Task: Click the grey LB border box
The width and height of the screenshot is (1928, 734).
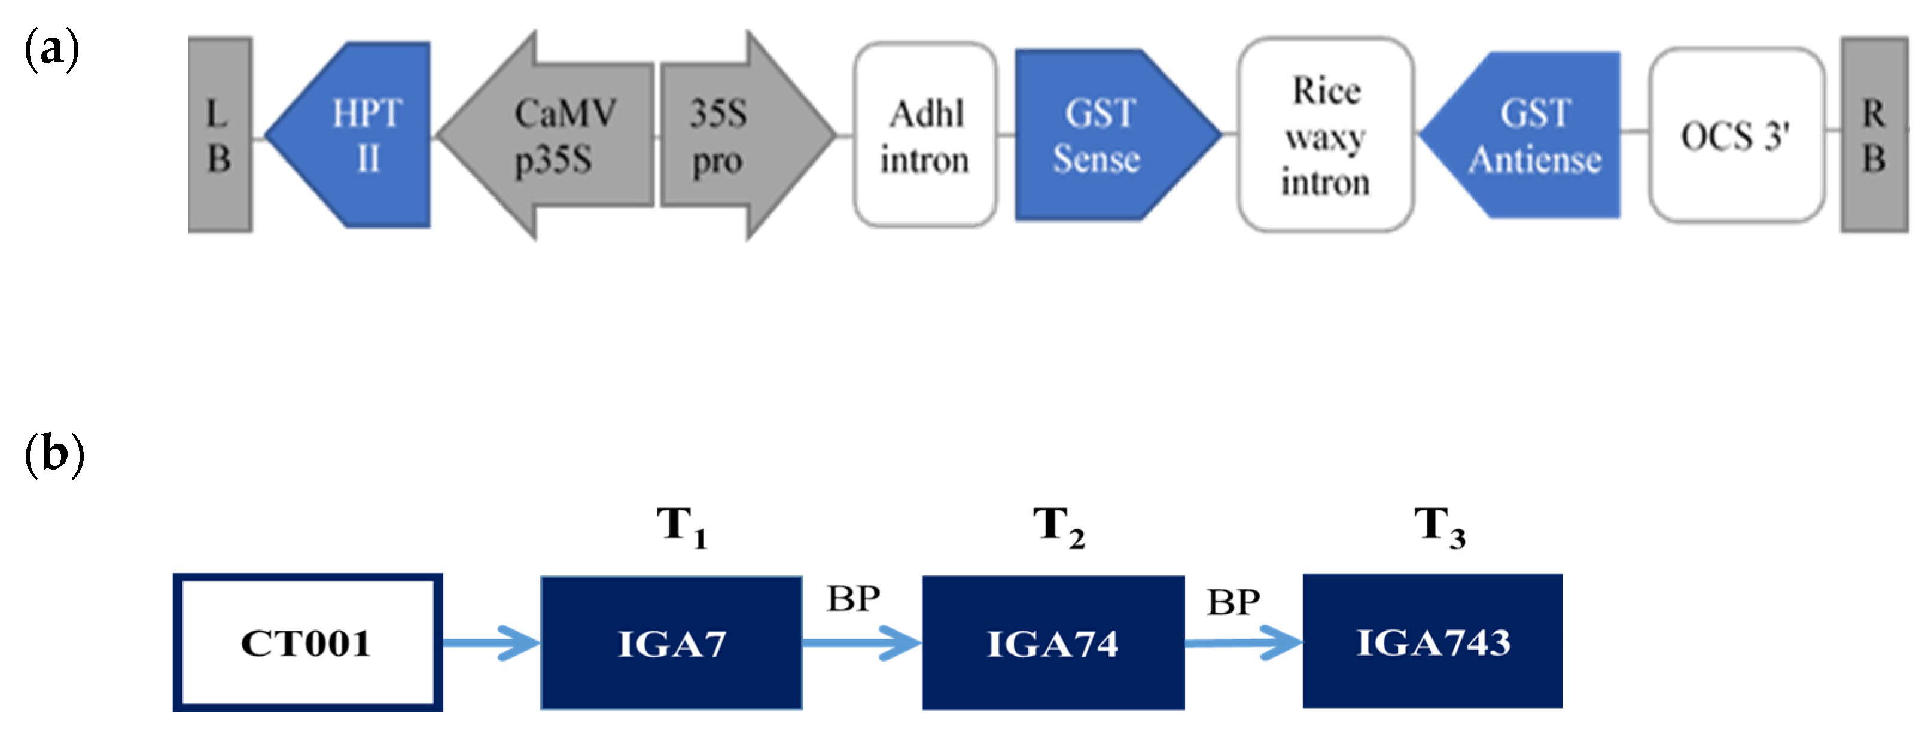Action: point(220,135)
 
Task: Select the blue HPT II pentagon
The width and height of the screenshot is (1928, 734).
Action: point(360,135)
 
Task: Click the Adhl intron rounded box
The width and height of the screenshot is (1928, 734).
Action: point(925,135)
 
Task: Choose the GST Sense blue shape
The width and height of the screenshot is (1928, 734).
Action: point(1100,135)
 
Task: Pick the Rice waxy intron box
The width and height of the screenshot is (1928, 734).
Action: point(1326,135)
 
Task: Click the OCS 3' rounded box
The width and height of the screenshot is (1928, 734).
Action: point(1735,135)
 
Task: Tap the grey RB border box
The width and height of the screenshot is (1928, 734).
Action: point(1874,135)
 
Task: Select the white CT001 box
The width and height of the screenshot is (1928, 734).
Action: point(307,642)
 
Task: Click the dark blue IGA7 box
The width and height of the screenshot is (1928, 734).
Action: point(671,642)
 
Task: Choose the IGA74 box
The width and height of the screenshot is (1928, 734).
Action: point(1052,642)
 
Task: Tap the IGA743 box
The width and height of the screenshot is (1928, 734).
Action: point(1433,641)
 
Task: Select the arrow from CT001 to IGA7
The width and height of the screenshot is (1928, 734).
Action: point(491,642)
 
